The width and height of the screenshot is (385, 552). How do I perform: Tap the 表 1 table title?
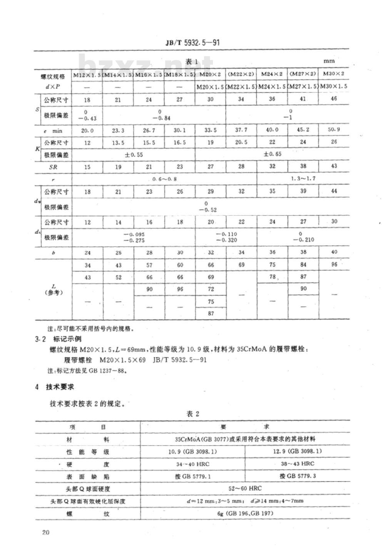point(191,61)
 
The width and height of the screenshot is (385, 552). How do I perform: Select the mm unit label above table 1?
point(329,61)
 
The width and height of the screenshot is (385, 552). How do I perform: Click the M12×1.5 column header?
point(87,74)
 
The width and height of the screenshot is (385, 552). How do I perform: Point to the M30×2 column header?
point(333,73)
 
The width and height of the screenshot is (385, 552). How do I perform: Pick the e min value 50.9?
point(333,129)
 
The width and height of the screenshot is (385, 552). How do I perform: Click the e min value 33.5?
point(210,130)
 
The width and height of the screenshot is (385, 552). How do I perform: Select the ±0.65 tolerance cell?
point(272,154)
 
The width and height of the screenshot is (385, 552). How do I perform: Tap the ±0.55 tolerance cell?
point(133,154)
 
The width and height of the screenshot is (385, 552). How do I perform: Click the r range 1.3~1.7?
point(303,179)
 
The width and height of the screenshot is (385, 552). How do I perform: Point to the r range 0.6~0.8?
point(164,179)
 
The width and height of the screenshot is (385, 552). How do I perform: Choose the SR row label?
point(53,167)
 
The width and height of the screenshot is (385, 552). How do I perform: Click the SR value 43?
point(334,166)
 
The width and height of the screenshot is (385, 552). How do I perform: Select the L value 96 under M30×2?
point(334,264)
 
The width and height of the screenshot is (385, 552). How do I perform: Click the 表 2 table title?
point(192,414)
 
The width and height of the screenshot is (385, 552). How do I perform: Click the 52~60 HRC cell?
point(245,488)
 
